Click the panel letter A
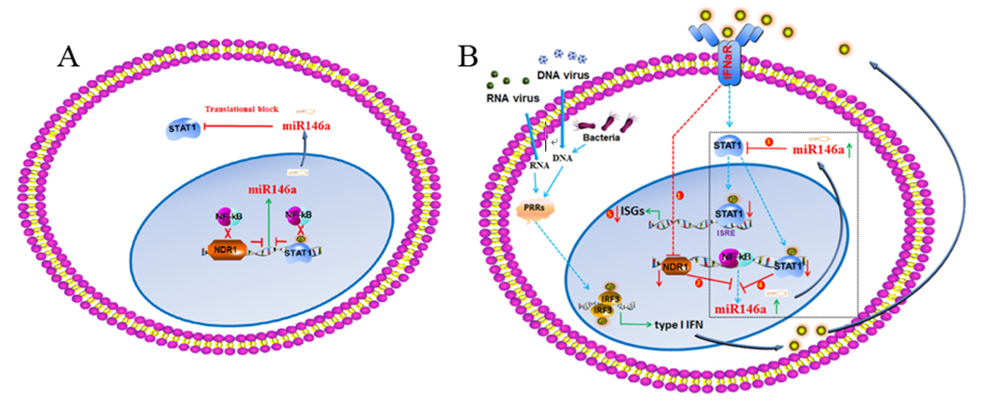point(67,58)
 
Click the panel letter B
point(468,58)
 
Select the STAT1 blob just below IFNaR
point(727,147)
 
